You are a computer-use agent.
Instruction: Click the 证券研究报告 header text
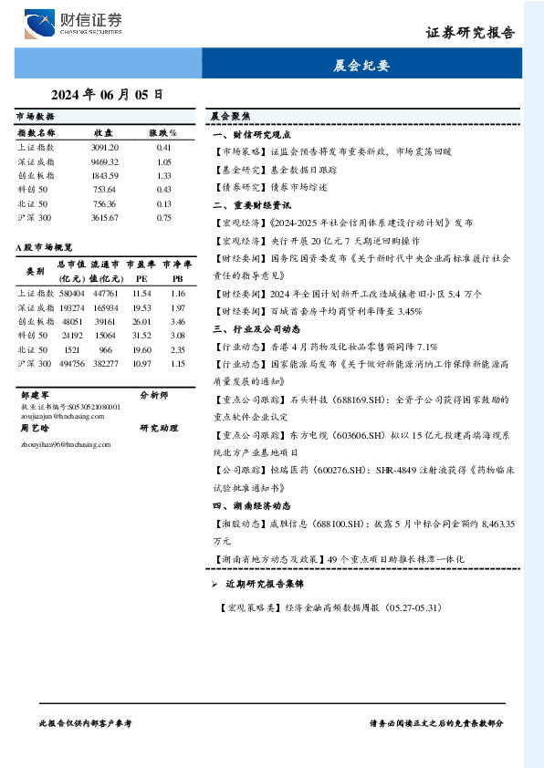tap(470, 33)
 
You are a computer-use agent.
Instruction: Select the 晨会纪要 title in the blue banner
tap(361, 66)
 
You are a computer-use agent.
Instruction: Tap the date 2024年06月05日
tap(108, 94)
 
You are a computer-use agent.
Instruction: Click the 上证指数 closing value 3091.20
tap(105, 147)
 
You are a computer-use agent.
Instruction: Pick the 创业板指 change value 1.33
tap(164, 175)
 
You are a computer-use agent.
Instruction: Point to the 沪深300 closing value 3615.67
tap(105, 218)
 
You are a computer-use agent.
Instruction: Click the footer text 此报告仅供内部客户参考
tap(87, 722)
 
